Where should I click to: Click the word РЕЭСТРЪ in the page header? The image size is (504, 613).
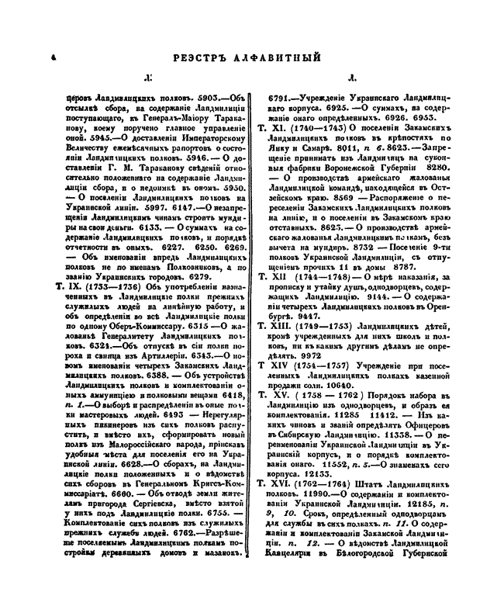click(x=205, y=57)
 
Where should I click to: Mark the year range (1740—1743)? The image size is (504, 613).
click(x=316, y=126)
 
